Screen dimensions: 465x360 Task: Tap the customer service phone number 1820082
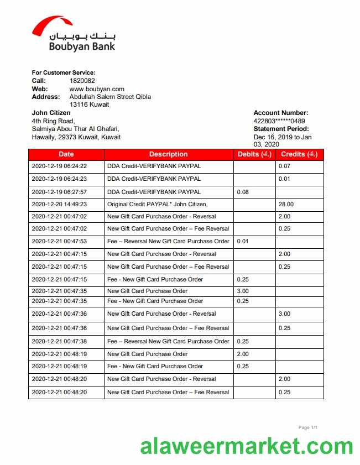(82, 81)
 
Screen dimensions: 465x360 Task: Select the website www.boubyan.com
(97, 89)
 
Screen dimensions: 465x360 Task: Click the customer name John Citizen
(51, 113)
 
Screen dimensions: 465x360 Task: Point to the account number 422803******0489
(279, 121)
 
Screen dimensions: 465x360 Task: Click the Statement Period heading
(281, 129)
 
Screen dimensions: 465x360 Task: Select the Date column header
(66, 154)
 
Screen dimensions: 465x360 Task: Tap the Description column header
(168, 154)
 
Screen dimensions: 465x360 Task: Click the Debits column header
(254, 154)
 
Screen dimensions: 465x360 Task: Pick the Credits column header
(299, 154)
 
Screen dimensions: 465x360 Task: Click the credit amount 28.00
(286, 204)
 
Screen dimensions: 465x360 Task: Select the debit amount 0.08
(243, 192)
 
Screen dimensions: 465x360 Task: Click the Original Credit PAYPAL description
(157, 204)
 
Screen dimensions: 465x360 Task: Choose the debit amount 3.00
(243, 291)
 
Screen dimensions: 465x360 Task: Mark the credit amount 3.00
(284, 314)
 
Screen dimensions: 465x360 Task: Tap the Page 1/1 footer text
(307, 427)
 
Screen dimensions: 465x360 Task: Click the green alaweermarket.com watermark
(246, 446)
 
